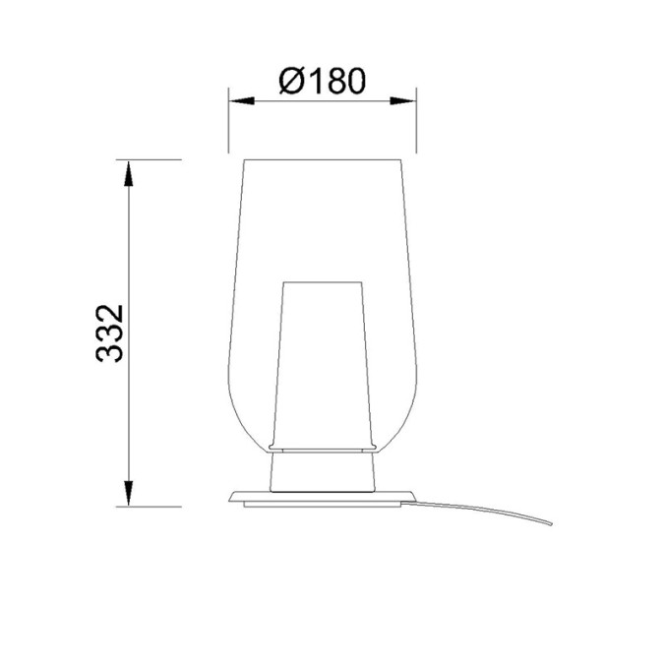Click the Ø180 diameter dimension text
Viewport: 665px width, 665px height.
pyautogui.click(x=322, y=81)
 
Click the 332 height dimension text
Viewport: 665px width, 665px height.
pyautogui.click(x=110, y=333)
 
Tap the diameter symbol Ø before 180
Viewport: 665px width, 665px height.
pyautogui.click(x=292, y=81)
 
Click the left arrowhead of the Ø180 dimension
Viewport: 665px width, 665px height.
pyautogui.click(x=241, y=101)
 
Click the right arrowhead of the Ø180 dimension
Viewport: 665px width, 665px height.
pyautogui.click(x=403, y=101)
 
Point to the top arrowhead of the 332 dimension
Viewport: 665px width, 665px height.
pyautogui.click(x=128, y=173)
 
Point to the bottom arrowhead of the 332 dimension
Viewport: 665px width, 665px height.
pyautogui.click(x=128, y=493)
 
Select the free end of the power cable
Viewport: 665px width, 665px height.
pyautogui.click(x=551, y=524)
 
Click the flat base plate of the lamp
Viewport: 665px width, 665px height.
pyautogui.click(x=322, y=499)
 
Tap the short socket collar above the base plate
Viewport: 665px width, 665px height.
pyautogui.click(x=323, y=472)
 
